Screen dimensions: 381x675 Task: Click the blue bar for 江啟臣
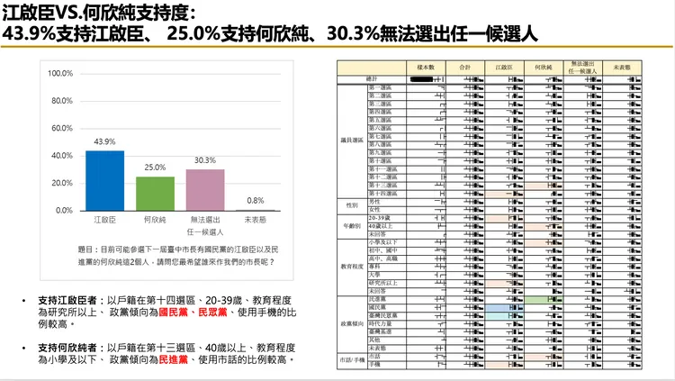pos(104,180)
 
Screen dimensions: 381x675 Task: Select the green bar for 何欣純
pos(155,193)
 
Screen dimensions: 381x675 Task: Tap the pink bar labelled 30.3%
pos(205,189)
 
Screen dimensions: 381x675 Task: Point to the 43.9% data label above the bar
pos(104,142)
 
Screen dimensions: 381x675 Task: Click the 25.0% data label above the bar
pos(155,168)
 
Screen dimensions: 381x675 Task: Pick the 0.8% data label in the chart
pos(256,201)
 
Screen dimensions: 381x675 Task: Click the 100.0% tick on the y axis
pos(60,73)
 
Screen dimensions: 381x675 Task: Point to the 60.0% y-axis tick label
pos(61,128)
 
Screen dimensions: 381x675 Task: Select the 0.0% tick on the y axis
pos(63,210)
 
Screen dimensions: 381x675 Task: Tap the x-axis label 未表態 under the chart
pos(256,220)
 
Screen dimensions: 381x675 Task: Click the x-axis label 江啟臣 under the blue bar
pos(104,220)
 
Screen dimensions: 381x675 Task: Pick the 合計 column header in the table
pos(464,68)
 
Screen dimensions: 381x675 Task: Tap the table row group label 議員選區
pos(352,140)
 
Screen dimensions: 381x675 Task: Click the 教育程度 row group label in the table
pos(352,268)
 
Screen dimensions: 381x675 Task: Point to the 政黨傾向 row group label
pos(352,322)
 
